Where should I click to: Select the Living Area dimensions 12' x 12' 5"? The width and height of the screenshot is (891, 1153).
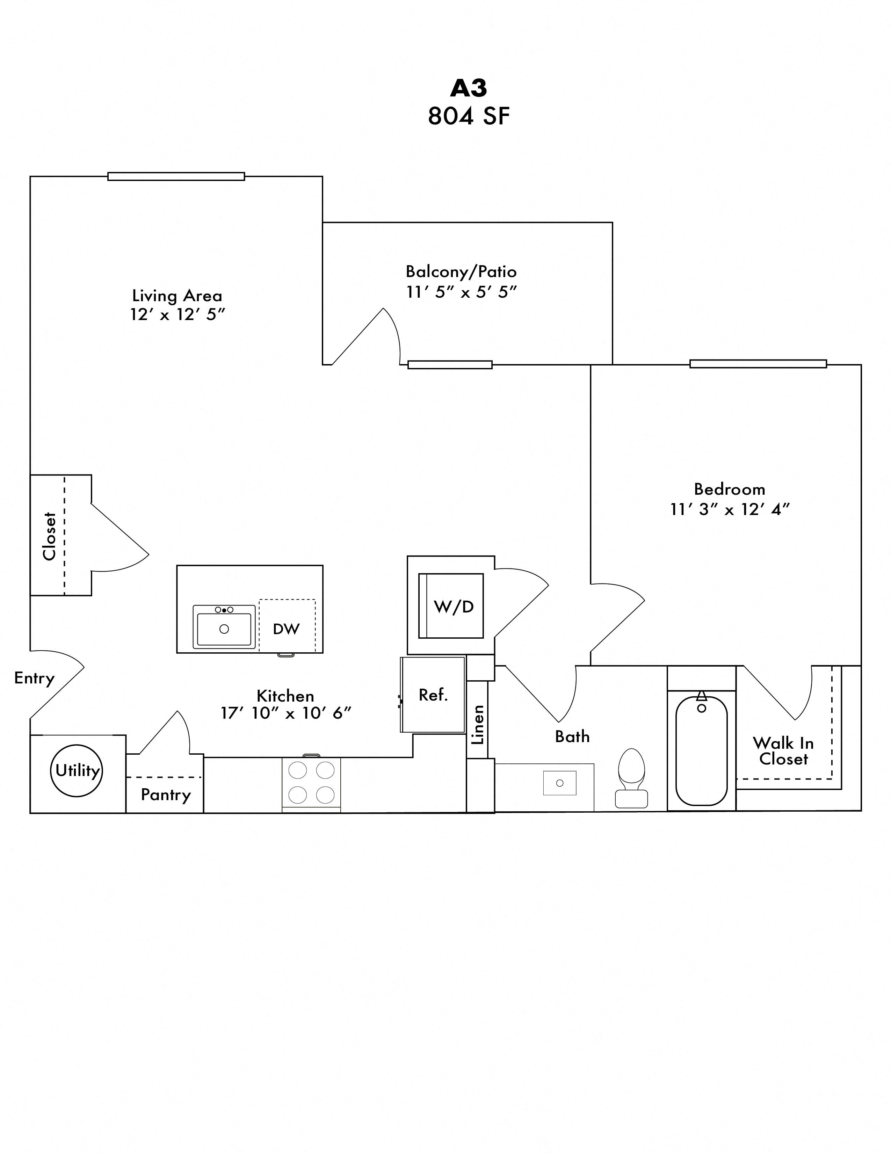point(178,315)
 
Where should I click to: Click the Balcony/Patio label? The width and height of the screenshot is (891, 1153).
point(461,271)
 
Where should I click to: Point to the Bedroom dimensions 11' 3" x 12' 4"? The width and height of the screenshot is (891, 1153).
point(730,509)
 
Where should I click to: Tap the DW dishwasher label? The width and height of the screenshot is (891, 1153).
point(286,629)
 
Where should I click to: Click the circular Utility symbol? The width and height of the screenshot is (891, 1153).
point(78,770)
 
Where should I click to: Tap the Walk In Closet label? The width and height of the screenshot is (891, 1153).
point(783,751)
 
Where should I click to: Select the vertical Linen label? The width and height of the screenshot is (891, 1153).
point(478,724)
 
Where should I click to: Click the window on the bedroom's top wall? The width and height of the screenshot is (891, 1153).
point(758,364)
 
